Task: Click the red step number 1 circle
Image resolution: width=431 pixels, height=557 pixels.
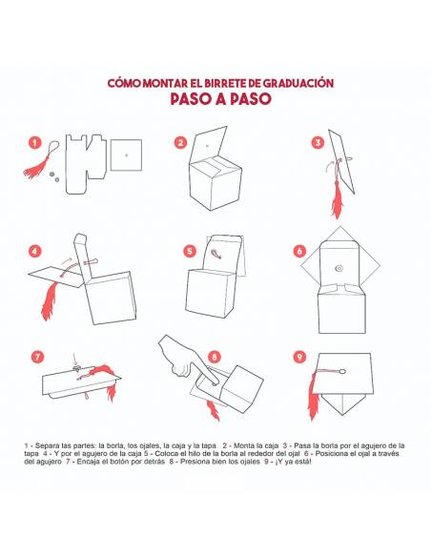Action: pos(34,143)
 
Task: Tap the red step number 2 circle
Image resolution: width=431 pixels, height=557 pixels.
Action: pos(181,143)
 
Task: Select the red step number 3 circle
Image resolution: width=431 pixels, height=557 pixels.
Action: pos(318,143)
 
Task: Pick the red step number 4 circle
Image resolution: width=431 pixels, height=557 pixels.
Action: pos(34,252)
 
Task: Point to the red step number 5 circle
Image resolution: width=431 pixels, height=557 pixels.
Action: pos(190,251)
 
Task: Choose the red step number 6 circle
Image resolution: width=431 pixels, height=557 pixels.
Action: pos(300,251)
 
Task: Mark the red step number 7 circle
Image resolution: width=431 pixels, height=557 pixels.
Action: pos(37,357)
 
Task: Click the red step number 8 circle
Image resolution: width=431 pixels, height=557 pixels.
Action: pos(215,357)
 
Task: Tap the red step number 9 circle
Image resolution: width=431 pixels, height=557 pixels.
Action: pos(300,357)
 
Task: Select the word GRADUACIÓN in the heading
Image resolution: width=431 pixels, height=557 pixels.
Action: pos(298,83)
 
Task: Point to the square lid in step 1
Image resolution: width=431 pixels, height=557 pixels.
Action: pos(126,155)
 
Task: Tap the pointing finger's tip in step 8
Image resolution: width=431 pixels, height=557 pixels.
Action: pos(215,383)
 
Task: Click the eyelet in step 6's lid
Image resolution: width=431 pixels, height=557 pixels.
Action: pos(339,268)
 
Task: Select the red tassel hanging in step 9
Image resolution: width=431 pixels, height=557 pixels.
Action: pos(313,394)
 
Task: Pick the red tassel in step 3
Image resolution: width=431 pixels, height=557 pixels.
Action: pos(337,199)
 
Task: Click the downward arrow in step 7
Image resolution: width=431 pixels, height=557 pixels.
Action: pos(73,359)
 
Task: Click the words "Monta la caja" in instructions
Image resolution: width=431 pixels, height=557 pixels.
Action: pos(256,445)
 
